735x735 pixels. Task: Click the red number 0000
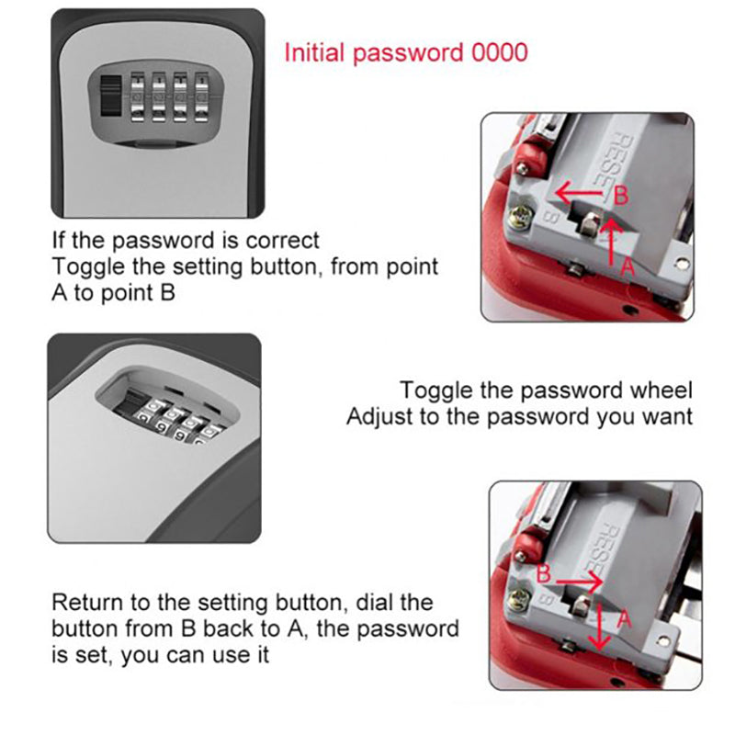point(499,51)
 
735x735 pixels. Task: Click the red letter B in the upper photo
point(620,195)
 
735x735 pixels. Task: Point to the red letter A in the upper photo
point(628,266)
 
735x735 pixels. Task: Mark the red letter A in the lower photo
point(624,619)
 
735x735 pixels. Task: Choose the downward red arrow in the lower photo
point(601,627)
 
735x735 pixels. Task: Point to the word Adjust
point(377,416)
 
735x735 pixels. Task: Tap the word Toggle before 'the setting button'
point(85,267)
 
